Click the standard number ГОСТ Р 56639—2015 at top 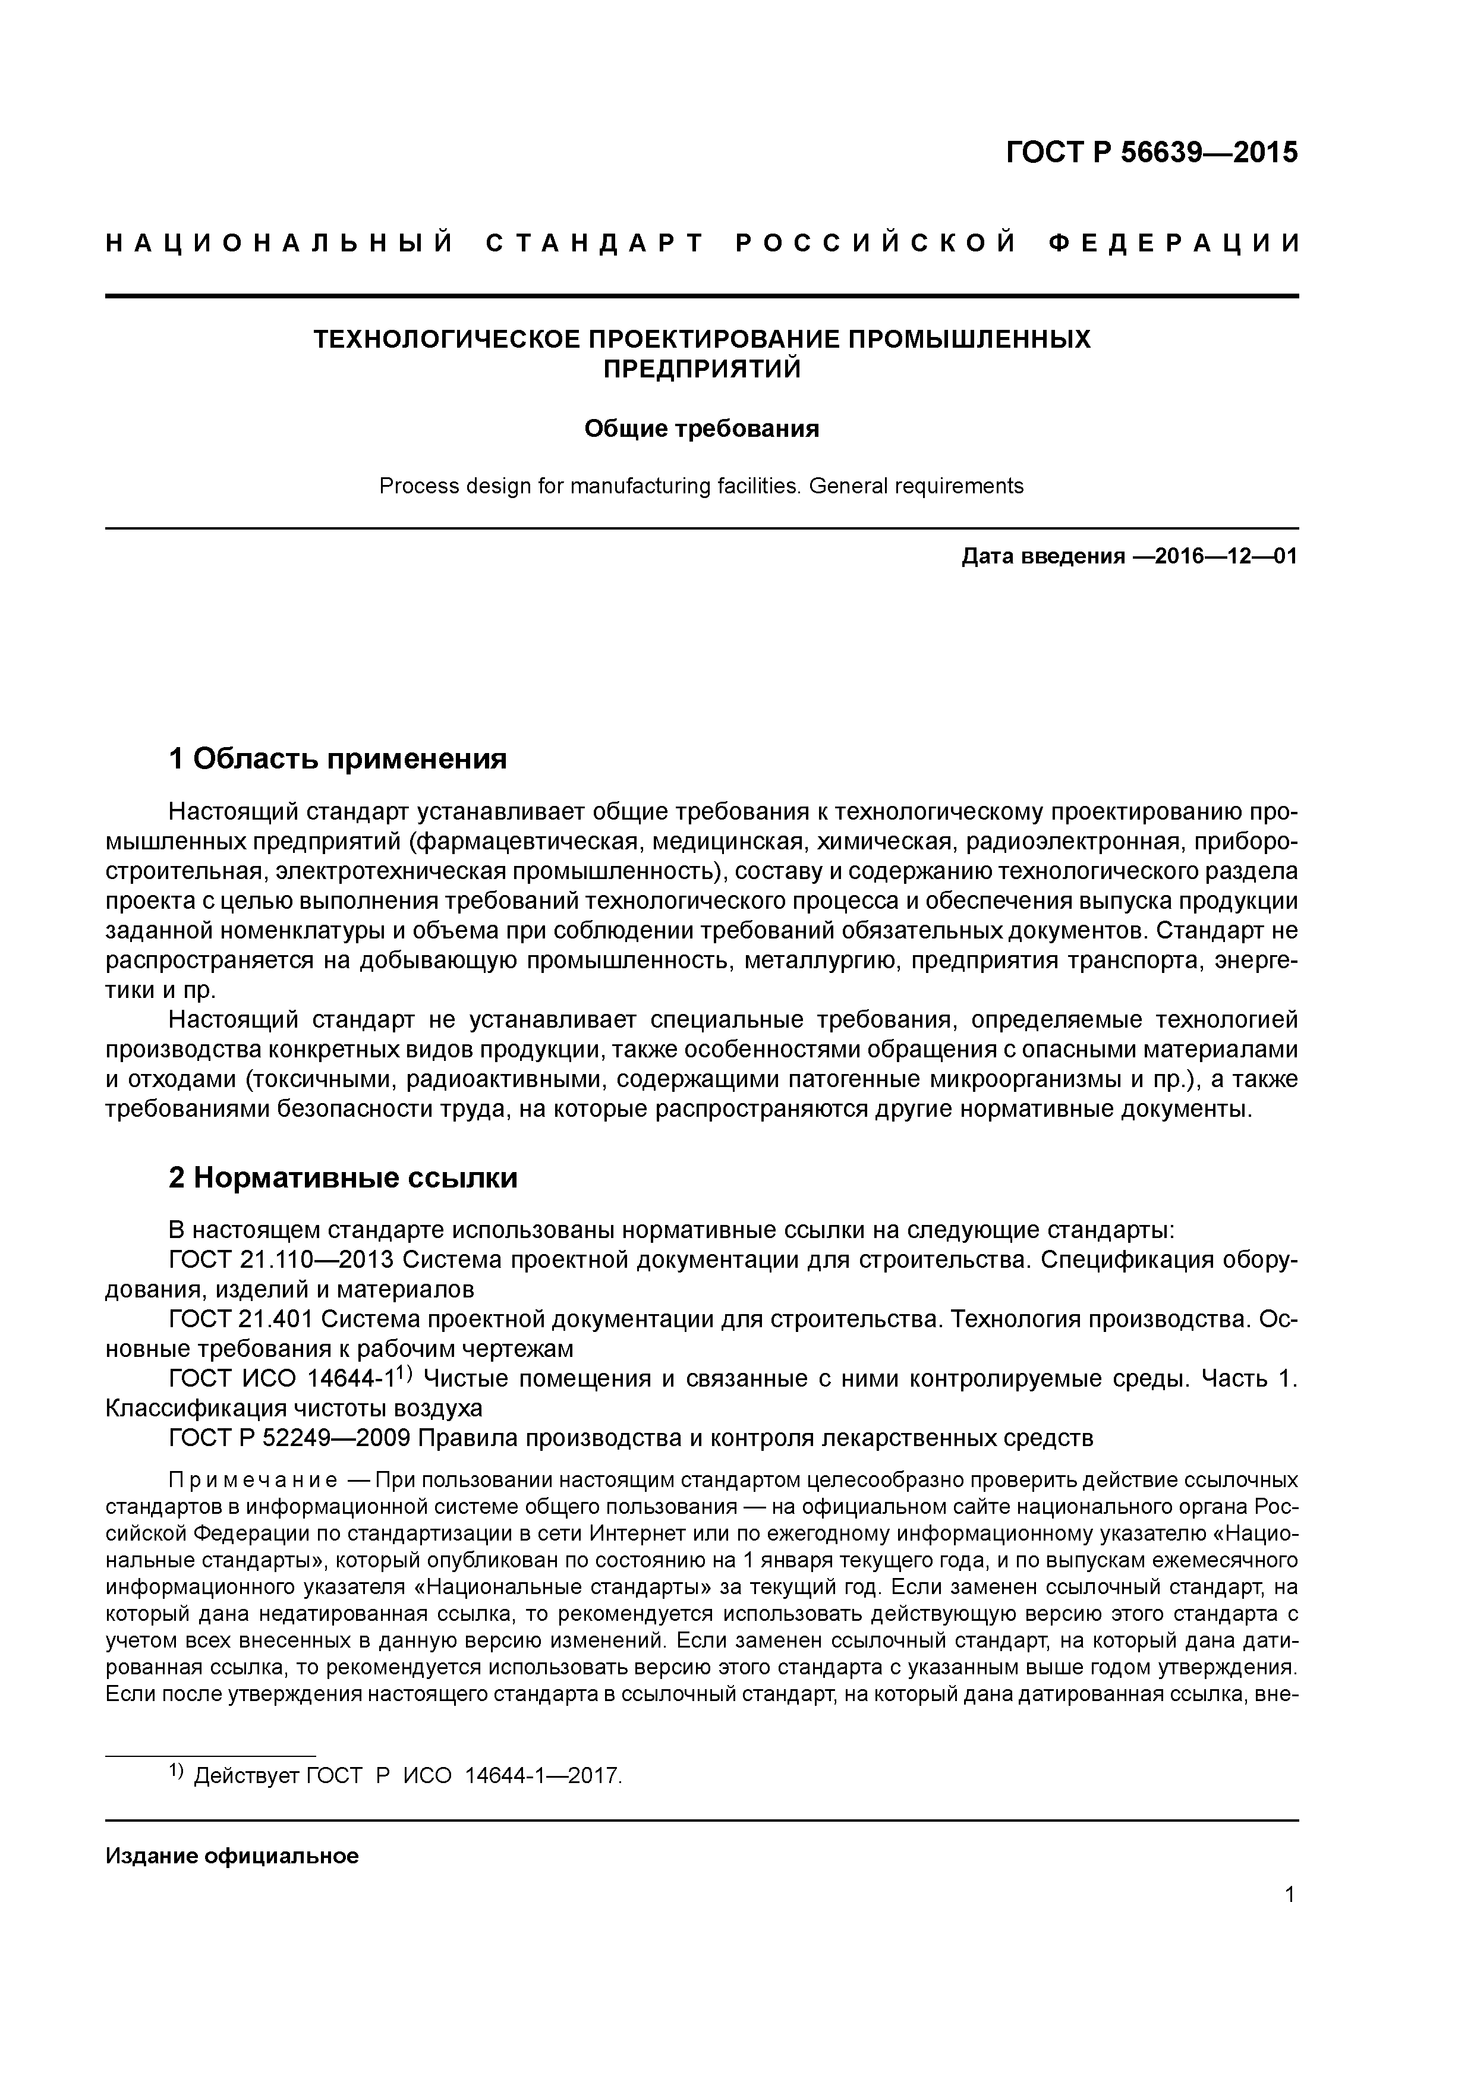(x=1152, y=153)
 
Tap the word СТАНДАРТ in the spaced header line (x=596, y=243)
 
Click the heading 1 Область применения (x=337, y=758)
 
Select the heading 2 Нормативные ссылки (x=344, y=1178)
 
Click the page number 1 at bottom (x=1290, y=1905)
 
